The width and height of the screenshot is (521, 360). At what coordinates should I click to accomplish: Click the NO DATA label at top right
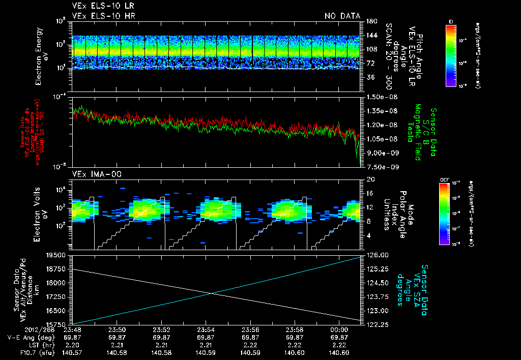(x=342, y=16)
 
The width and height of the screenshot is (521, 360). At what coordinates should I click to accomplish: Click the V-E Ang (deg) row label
(x=27, y=338)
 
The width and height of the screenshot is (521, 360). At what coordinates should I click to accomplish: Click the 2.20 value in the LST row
(x=73, y=345)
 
